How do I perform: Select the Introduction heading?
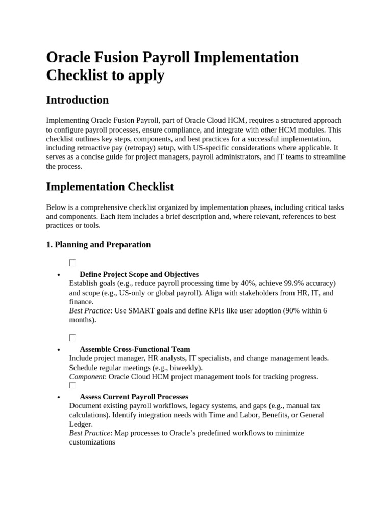(x=77, y=100)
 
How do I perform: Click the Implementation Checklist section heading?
(x=110, y=187)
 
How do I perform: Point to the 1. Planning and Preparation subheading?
(x=99, y=245)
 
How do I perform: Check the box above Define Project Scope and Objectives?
(x=72, y=263)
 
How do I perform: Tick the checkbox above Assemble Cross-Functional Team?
(x=72, y=337)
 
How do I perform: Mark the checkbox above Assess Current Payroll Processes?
(x=72, y=385)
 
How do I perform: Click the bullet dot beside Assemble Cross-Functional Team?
(x=60, y=350)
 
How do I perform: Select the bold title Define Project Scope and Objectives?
(x=139, y=274)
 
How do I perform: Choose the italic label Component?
(x=87, y=377)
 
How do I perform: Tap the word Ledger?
(x=80, y=424)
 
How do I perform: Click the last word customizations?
(x=92, y=442)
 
